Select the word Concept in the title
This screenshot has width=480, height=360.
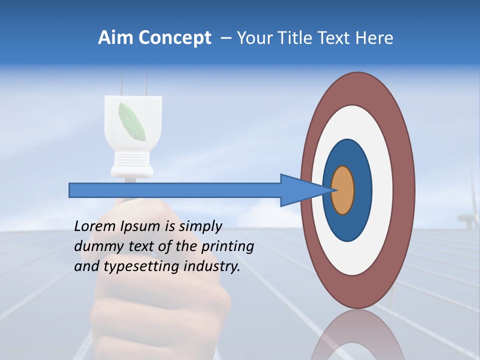click(174, 38)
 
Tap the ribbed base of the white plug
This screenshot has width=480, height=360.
click(132, 163)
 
